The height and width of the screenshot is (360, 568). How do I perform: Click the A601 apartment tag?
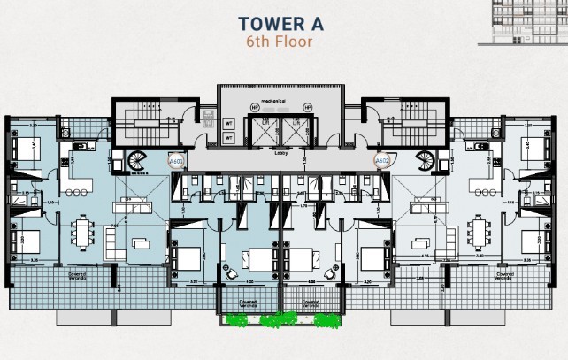[175, 162]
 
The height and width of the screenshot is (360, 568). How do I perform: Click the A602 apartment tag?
[382, 161]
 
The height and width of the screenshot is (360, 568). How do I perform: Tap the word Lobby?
[281, 151]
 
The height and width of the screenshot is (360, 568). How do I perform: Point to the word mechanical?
[281, 102]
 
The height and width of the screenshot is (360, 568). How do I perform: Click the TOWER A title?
[280, 23]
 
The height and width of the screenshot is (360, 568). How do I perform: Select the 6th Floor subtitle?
[280, 41]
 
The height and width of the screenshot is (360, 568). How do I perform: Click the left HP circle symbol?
[256, 107]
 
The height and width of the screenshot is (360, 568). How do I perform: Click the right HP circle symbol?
[307, 107]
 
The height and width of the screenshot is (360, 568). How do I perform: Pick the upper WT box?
[228, 124]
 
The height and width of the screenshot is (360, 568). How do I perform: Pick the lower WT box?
[228, 138]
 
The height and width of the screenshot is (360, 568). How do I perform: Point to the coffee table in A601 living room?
[141, 243]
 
